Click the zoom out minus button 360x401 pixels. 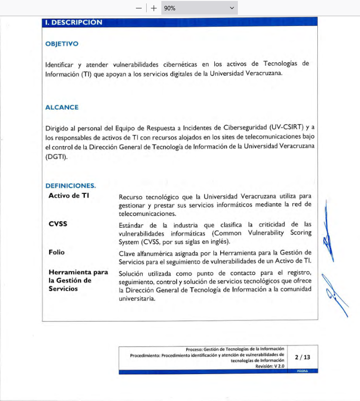[139, 8]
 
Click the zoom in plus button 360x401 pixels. [154, 8]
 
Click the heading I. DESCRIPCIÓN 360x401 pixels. [74, 22]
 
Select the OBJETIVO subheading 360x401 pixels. [62, 44]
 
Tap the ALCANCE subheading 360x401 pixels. [62, 107]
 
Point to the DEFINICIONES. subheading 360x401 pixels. [71, 186]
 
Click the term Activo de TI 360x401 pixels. [69, 195]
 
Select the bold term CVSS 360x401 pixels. [58, 224]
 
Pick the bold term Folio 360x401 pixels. [56, 252]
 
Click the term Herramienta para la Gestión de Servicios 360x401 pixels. [78, 280]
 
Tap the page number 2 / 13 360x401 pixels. [303, 357]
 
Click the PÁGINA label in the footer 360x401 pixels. [303, 372]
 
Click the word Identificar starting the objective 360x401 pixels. [59, 64]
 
